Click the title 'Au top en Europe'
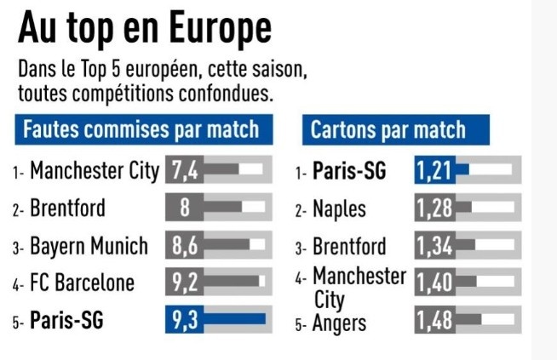145,28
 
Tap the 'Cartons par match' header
388,130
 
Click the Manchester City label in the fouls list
95,171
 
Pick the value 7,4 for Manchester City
185,170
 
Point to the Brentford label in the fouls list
67,209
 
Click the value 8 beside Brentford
185,208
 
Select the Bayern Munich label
89,247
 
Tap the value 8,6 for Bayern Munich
185,246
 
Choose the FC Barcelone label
82,283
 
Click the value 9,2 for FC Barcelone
185,282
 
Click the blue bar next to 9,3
235,320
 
